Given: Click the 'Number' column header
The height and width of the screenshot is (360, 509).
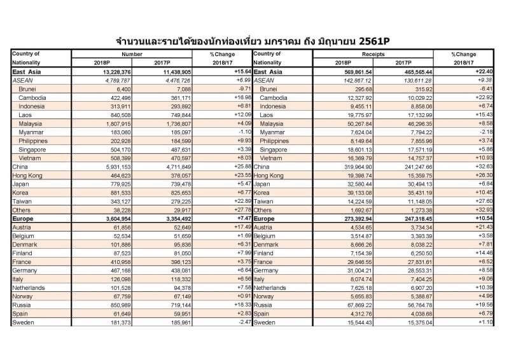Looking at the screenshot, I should tap(131, 55).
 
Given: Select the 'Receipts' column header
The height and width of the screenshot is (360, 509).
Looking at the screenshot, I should tap(377, 55).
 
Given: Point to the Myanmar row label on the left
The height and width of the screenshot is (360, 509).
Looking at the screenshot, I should tap(32, 132).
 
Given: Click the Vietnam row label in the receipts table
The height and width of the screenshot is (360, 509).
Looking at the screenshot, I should tap(271, 158).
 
